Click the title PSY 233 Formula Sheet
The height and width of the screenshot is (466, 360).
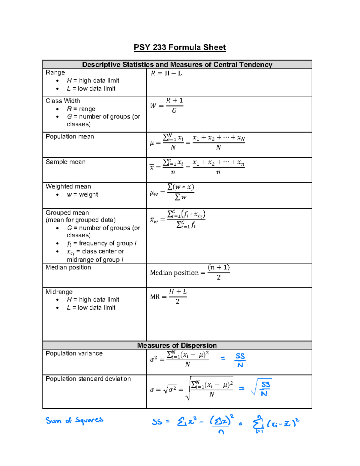(180, 47)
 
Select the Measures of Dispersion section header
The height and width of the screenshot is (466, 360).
(177, 345)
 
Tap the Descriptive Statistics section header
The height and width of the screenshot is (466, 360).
(177, 65)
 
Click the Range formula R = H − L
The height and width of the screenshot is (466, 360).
(166, 74)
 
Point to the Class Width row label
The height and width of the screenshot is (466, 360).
(63, 101)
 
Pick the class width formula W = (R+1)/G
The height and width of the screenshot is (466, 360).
(167, 106)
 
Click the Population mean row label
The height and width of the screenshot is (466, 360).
(70, 137)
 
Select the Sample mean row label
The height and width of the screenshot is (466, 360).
(65, 162)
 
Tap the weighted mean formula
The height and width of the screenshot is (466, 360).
(172, 192)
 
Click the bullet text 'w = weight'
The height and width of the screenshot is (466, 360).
(82, 195)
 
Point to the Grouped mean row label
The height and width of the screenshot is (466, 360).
(67, 213)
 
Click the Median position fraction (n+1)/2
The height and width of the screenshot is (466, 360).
(218, 272)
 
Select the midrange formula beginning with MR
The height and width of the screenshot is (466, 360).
(168, 296)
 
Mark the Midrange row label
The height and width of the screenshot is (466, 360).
(59, 292)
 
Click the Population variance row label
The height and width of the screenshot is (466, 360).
(74, 353)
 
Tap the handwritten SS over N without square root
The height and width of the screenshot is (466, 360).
(240, 360)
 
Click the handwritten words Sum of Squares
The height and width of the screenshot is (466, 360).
(74, 420)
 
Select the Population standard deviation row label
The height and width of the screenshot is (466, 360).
(88, 379)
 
